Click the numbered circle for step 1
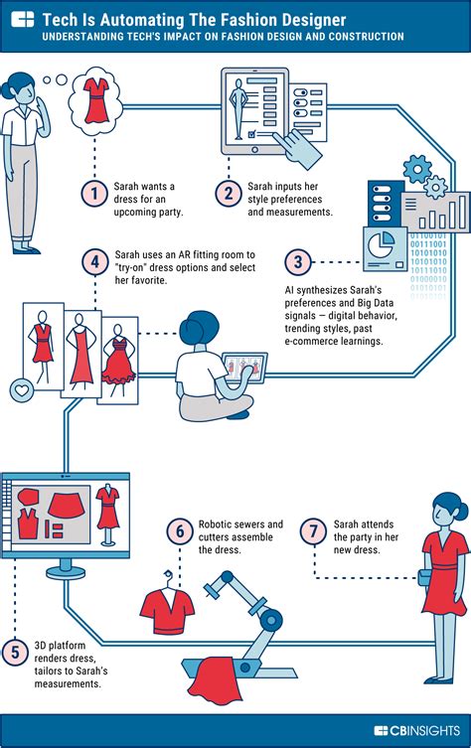tap(94, 194)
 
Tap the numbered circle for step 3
tap(298, 262)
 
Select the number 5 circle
tap(15, 652)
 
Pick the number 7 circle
tap(314, 530)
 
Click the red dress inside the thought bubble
tap(96, 100)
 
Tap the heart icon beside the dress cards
tap(22, 390)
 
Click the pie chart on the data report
tap(381, 245)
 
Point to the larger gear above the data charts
tap(417, 169)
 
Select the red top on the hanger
tap(167, 609)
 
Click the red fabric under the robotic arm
tap(216, 681)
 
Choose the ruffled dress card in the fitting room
tap(118, 361)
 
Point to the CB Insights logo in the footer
tap(417, 730)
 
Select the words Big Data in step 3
tap(375, 303)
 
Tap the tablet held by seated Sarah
tap(244, 368)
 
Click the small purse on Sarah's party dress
tap(424, 578)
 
